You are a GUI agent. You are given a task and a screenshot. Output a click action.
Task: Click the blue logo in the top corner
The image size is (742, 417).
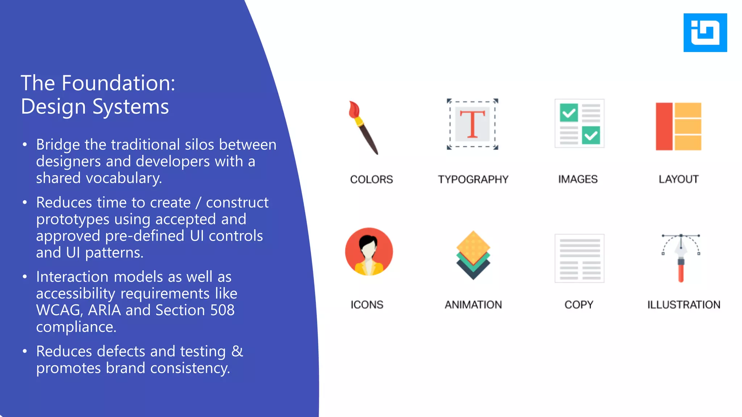pyautogui.click(x=705, y=33)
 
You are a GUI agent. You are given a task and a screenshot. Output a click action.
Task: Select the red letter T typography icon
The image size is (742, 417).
pyautogui.click(x=472, y=124)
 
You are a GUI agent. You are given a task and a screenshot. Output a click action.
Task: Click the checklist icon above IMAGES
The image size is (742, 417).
pyautogui.click(x=579, y=123)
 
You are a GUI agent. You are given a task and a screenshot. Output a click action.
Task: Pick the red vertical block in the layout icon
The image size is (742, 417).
pyautogui.click(x=664, y=126)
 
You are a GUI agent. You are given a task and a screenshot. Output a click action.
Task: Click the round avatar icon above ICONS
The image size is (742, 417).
pyautogui.click(x=369, y=252)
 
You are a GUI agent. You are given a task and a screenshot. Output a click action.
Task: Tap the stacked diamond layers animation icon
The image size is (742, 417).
pyautogui.click(x=473, y=255)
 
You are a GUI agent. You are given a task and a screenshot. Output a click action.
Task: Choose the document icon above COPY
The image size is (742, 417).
pyautogui.click(x=579, y=258)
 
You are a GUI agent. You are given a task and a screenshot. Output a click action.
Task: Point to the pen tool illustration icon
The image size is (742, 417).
pyautogui.click(x=681, y=258)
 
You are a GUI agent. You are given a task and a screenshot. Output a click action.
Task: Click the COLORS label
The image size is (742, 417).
pyautogui.click(x=371, y=180)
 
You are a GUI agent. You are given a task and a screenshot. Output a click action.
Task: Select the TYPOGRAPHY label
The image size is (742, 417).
pyautogui.click(x=473, y=180)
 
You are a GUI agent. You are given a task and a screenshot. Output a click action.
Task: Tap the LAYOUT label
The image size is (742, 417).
pyautogui.click(x=678, y=179)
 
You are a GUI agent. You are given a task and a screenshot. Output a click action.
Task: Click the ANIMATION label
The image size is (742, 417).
pyautogui.click(x=473, y=305)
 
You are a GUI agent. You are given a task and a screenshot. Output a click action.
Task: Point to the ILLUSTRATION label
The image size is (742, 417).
pyautogui.click(x=684, y=305)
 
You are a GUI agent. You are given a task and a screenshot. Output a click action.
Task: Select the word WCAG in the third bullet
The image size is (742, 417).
pyautogui.click(x=58, y=310)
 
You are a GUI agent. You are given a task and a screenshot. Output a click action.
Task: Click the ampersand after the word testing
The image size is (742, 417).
pyautogui.click(x=237, y=351)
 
